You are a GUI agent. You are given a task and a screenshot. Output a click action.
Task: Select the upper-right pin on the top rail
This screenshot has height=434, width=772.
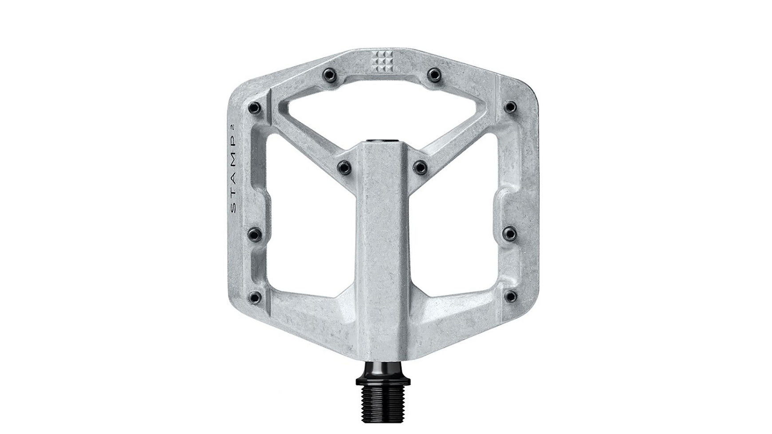[433, 73]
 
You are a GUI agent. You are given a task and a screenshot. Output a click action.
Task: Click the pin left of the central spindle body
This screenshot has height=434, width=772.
[343, 167]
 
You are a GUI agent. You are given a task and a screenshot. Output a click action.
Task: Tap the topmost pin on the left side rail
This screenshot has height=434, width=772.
[254, 107]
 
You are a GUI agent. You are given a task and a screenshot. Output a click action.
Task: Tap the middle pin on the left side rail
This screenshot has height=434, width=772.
[254, 232]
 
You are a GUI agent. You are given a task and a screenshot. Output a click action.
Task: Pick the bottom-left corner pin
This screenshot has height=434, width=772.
[254, 296]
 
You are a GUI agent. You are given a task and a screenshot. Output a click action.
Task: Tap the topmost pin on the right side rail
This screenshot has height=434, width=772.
[511, 107]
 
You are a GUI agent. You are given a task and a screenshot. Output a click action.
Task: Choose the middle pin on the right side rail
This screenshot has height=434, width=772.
[511, 232]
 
